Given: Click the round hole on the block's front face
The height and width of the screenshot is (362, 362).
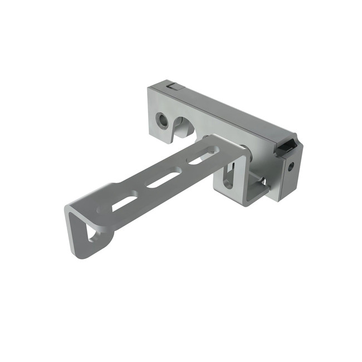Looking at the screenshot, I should pyautogui.click(x=162, y=120).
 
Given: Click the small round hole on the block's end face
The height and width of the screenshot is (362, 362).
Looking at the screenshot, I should pyautogui.click(x=290, y=166).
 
